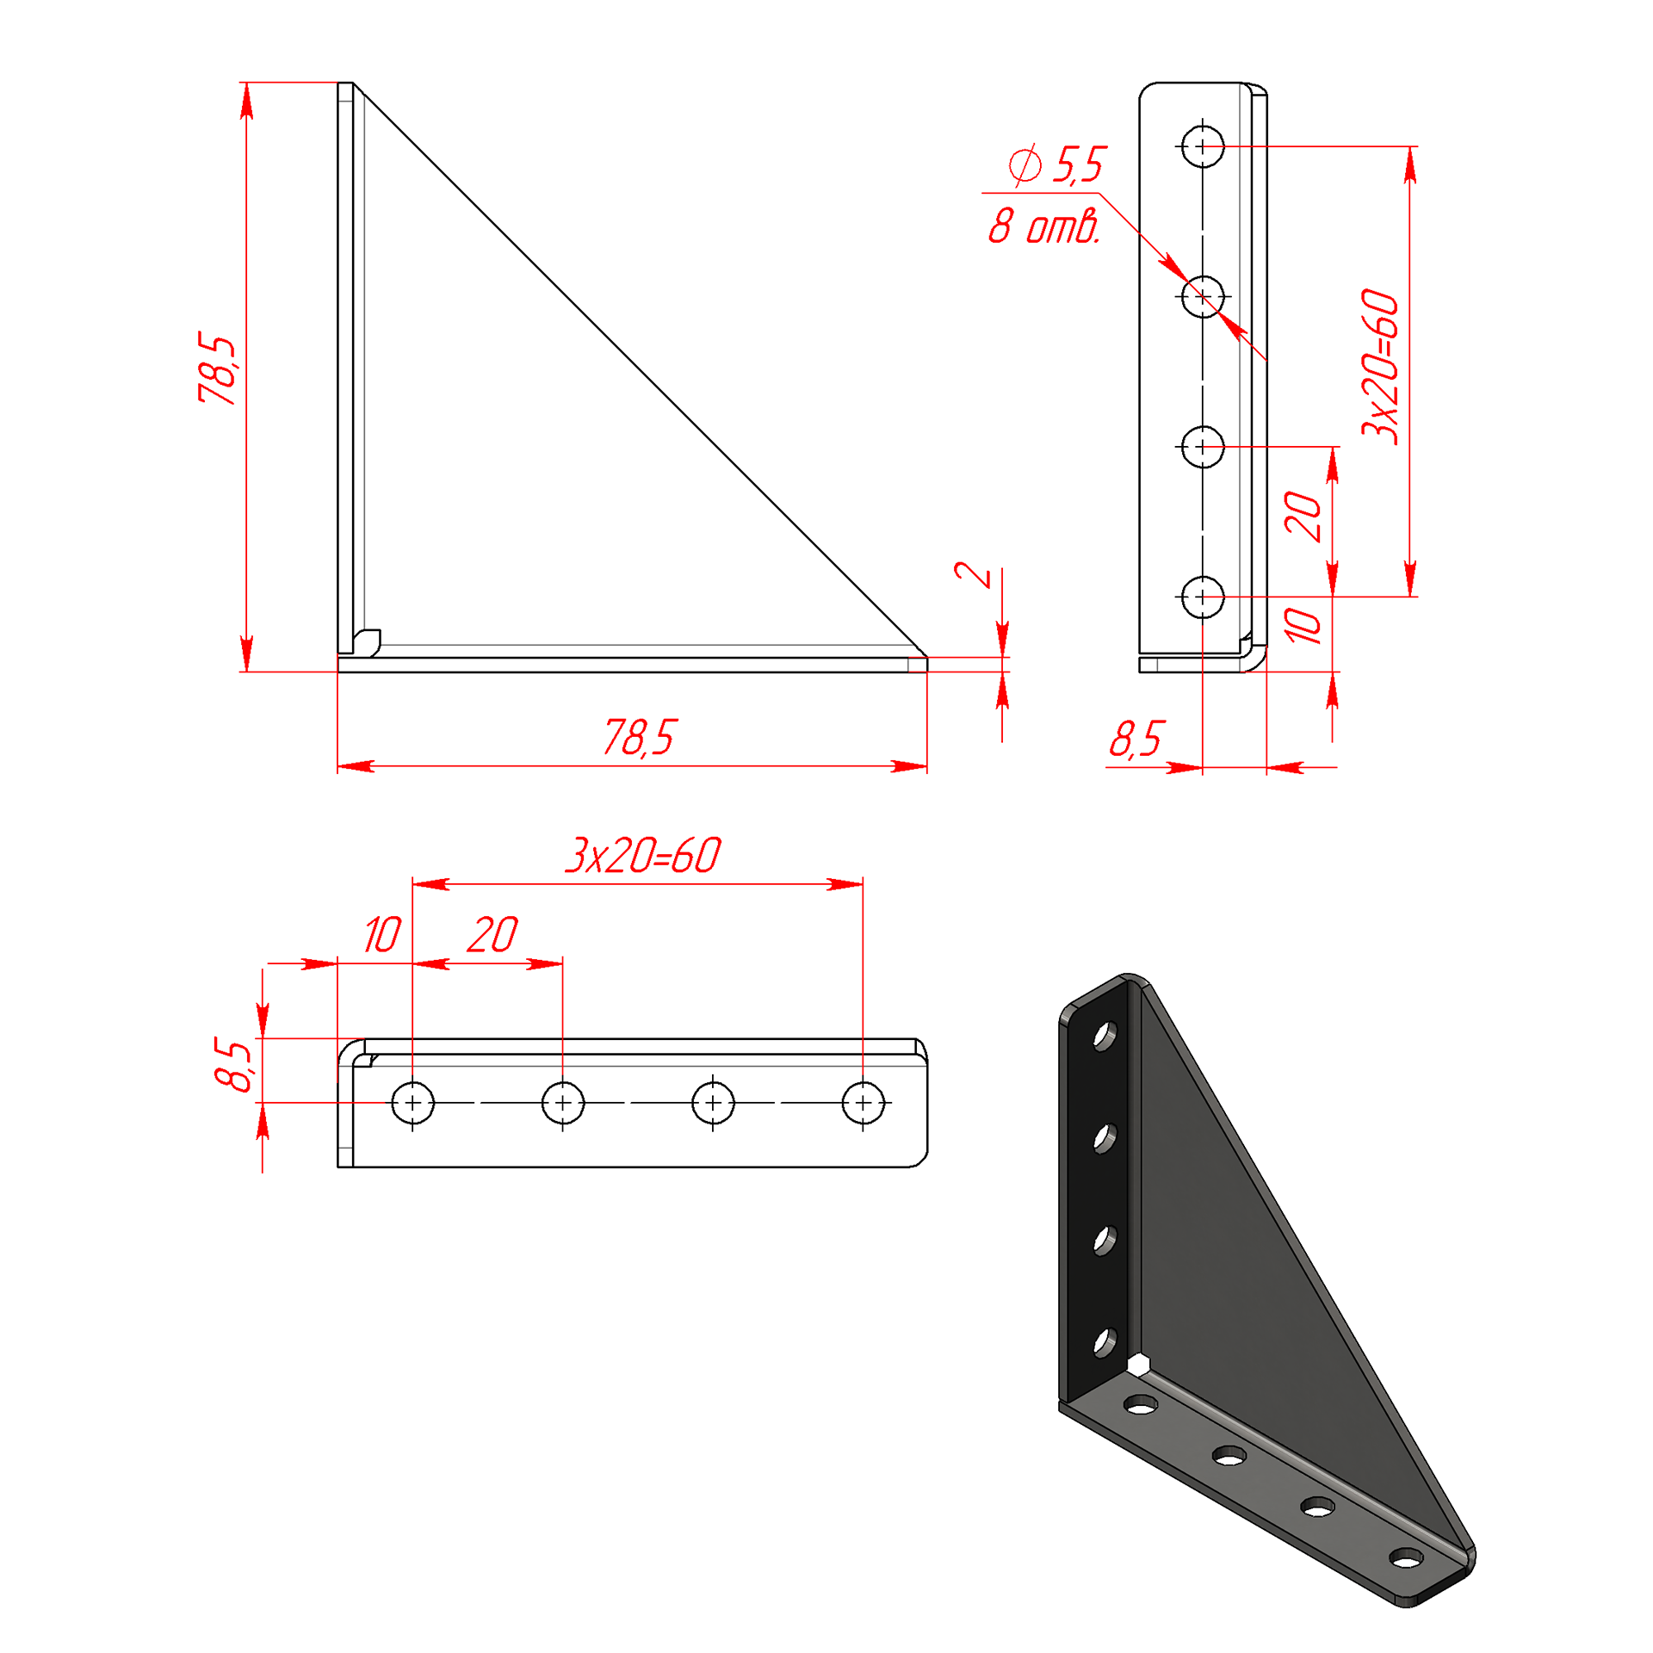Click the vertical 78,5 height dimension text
tap(217, 368)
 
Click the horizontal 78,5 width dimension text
tap(640, 737)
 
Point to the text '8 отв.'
tap(1044, 226)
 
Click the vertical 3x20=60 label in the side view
tap(1380, 367)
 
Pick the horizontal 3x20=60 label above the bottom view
tap(643, 855)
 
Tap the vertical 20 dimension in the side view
tap(1303, 517)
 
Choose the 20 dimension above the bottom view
tap(492, 934)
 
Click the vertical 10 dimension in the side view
tap(1303, 626)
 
